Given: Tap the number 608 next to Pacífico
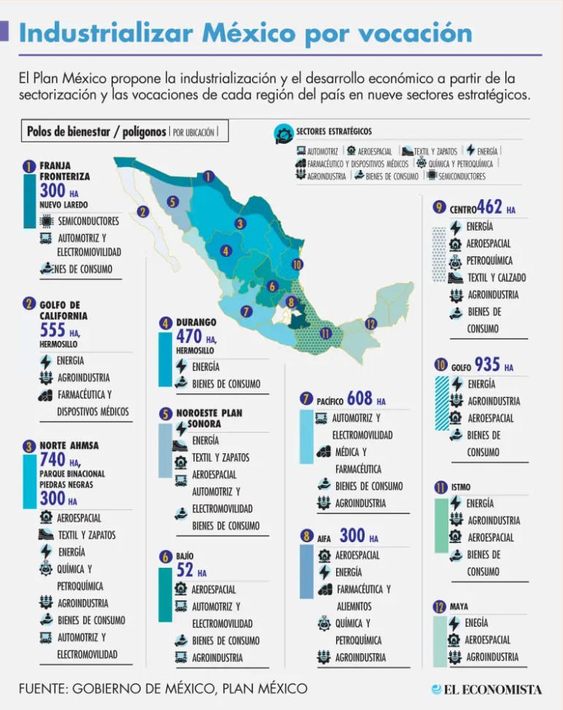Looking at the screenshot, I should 360,398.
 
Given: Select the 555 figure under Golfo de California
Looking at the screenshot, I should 53,331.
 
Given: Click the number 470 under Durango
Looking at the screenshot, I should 189,336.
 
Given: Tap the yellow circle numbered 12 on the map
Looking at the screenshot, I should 371,324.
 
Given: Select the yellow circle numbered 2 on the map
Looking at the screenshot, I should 143,212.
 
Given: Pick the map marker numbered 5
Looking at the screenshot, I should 173,202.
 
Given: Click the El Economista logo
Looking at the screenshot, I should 486,689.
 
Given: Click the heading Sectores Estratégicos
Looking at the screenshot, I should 333,131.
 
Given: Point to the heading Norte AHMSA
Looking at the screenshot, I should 69,445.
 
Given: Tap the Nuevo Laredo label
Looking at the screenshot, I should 63,205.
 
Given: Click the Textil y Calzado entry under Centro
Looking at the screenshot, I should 496,277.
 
